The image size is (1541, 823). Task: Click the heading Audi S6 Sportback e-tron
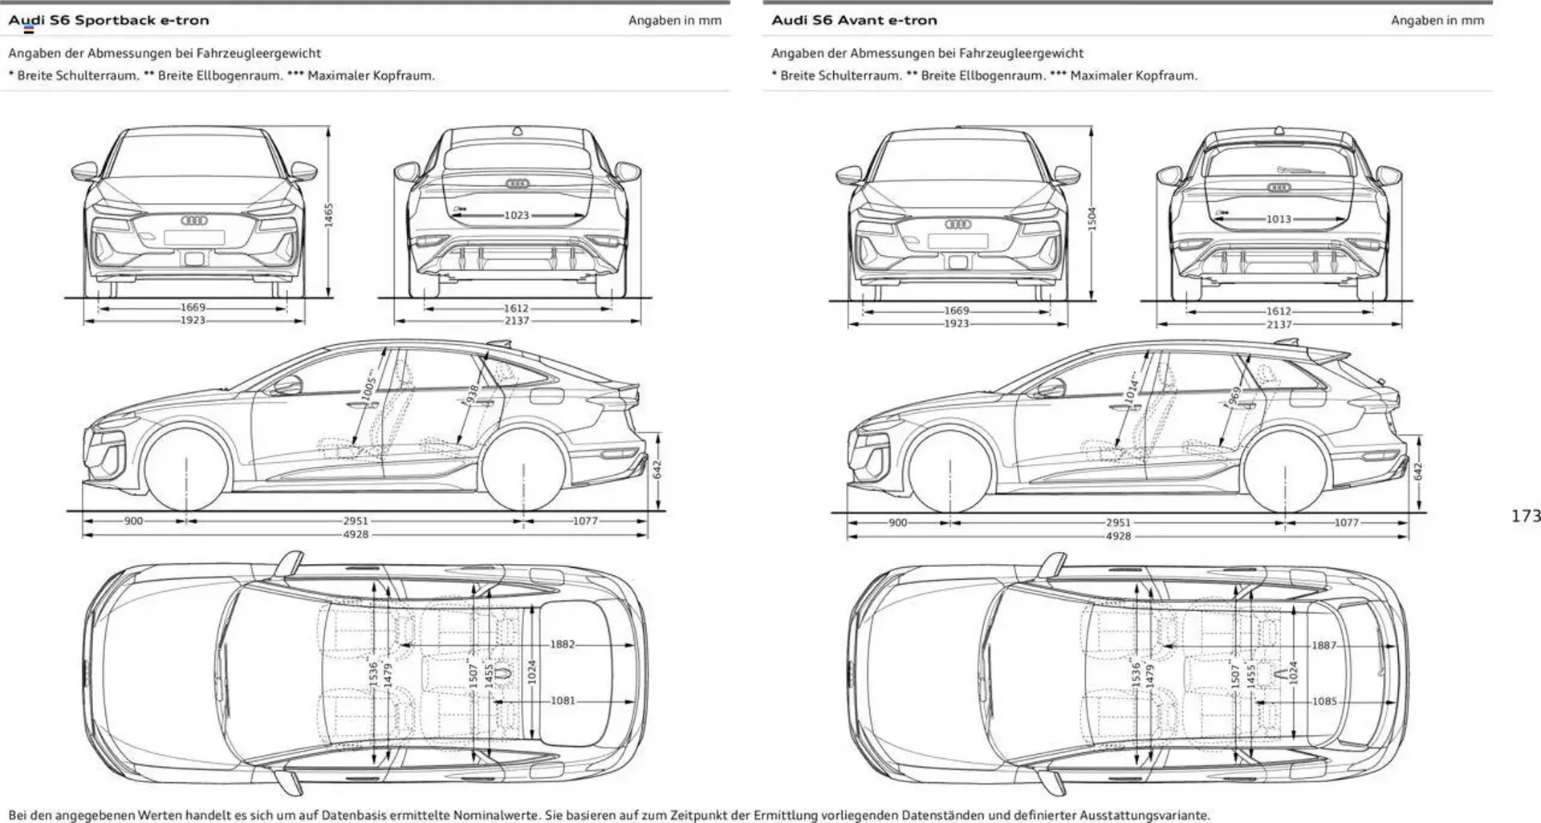point(108,20)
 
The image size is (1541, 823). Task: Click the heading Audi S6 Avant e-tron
point(854,20)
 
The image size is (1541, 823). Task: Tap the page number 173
point(1525,516)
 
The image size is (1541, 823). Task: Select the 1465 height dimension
point(329,215)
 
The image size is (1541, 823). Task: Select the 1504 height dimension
point(1092,218)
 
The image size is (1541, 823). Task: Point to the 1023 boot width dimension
point(516,215)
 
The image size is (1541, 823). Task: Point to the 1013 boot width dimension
point(1279,219)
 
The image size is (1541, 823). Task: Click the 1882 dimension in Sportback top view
point(562,644)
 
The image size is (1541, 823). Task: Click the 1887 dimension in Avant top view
point(1324,645)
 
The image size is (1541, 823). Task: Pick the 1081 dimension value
point(563,700)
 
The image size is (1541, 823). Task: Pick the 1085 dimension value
point(1324,701)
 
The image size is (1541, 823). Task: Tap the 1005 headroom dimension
point(368,387)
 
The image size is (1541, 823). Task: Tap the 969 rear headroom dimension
point(1235,395)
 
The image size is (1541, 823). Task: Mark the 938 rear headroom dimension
point(472,393)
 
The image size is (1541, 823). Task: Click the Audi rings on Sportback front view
point(194,220)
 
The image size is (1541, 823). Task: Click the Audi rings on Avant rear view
point(1279,188)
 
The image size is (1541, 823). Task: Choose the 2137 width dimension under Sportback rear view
point(516,321)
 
